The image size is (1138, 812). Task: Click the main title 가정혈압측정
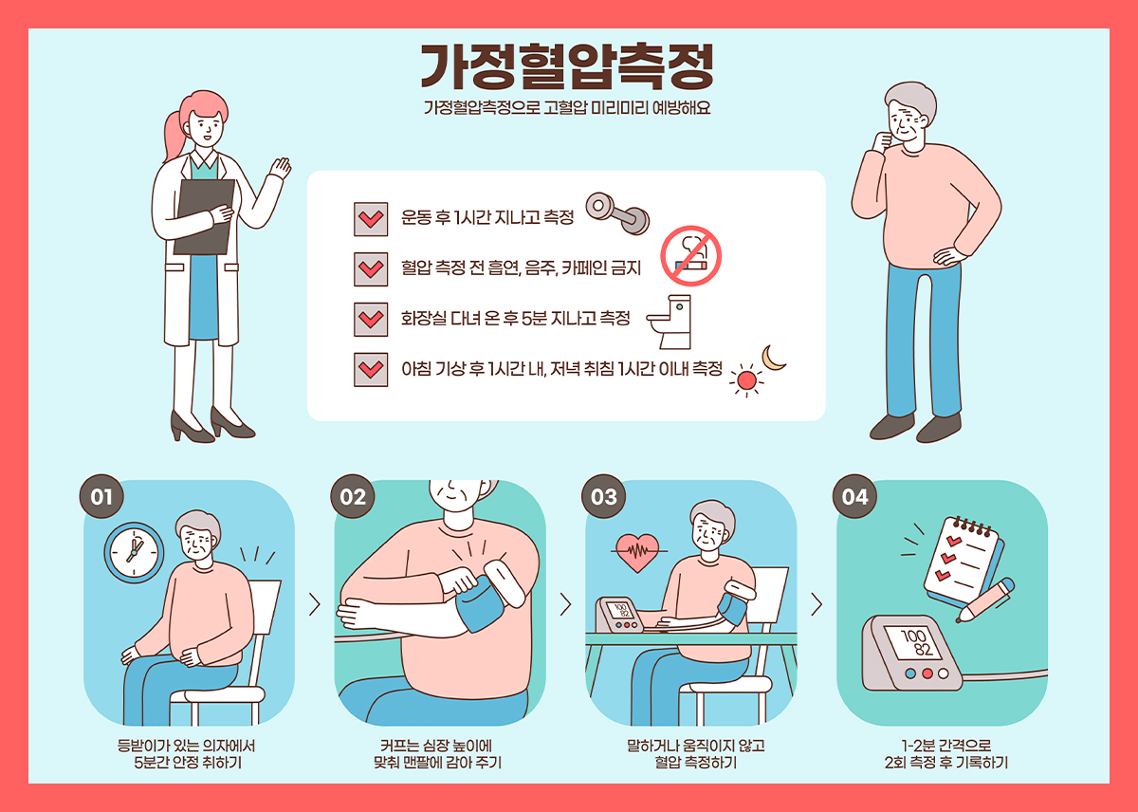click(567, 66)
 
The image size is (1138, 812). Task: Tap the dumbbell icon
click(617, 213)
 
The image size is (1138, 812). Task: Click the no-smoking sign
click(691, 256)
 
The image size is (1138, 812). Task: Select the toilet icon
click(670, 323)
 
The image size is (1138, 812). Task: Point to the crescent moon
click(772, 359)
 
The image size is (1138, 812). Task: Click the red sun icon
click(746, 380)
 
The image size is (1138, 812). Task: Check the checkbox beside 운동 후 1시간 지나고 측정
click(371, 219)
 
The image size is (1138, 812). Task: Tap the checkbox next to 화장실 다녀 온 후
click(371, 320)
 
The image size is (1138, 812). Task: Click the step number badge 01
click(101, 496)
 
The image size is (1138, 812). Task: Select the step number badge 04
click(854, 496)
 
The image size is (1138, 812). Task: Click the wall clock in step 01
click(134, 553)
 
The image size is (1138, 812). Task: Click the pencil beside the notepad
click(984, 600)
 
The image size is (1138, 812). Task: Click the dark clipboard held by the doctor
click(204, 216)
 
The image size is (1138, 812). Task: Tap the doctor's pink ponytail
click(174, 137)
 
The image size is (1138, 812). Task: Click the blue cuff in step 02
click(481, 603)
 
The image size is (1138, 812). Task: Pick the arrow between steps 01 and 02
click(315, 604)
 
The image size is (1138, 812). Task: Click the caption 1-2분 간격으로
click(946, 746)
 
